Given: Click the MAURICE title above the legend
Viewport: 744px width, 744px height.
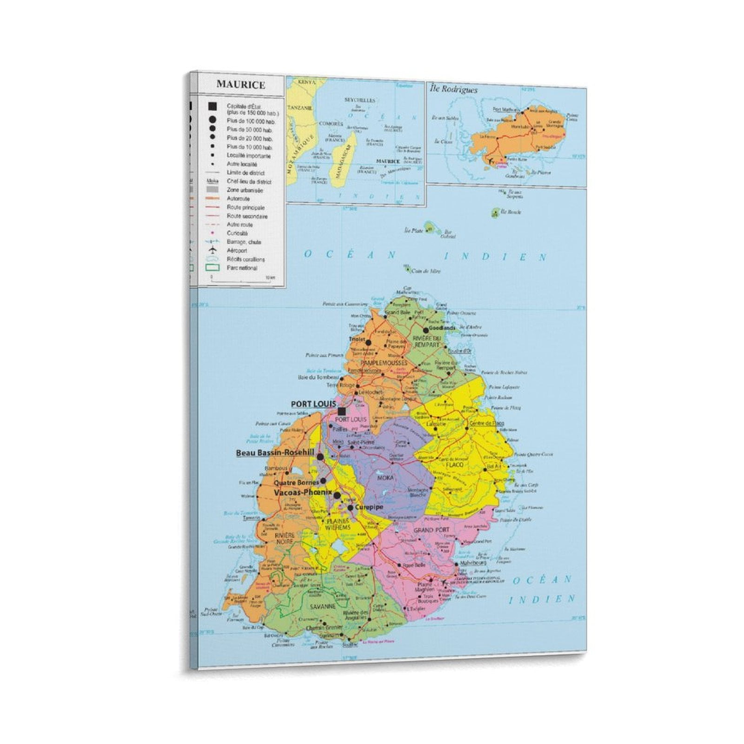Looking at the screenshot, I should pyautogui.click(x=240, y=85).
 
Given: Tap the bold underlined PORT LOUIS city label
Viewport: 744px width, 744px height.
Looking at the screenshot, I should pyautogui.click(x=313, y=404).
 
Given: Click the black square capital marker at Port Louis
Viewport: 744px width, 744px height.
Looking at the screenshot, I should pyautogui.click(x=342, y=411).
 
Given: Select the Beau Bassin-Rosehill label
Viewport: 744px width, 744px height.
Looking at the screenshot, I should pyautogui.click(x=275, y=452).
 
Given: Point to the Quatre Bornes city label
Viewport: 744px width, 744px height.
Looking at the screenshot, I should pyautogui.click(x=296, y=482).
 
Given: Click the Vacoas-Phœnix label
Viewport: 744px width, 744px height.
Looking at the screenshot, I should pyautogui.click(x=303, y=492).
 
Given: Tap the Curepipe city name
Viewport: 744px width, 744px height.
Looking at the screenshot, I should pyautogui.click(x=369, y=507).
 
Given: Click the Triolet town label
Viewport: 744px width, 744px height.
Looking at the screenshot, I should pyautogui.click(x=357, y=340).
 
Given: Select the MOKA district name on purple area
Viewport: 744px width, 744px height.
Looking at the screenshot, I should pyautogui.click(x=385, y=477).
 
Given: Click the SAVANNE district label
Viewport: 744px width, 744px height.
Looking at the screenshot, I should pyautogui.click(x=324, y=606).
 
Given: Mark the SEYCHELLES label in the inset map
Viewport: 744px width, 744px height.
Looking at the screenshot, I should pyautogui.click(x=359, y=100).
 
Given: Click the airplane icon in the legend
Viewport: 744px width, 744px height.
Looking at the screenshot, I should pyautogui.click(x=213, y=250).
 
